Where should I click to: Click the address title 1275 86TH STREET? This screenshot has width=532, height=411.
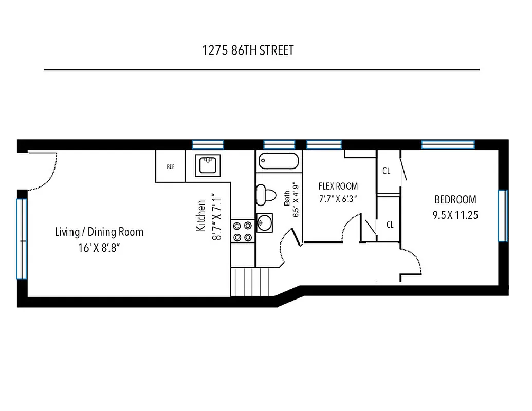pos(248,50)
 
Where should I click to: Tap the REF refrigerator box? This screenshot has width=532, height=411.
pos(170,166)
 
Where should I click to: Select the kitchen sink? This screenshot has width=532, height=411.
pos(208,165)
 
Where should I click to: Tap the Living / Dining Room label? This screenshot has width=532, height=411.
pos(99,232)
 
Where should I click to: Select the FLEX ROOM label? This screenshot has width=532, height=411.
pos(338,186)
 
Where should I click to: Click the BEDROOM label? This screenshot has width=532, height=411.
pos(455,199)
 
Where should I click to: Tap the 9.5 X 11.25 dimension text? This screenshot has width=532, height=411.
pos(455,215)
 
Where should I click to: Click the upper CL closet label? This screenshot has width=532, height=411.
pos(386,171)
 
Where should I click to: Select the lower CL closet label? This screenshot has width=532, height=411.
pos(390,225)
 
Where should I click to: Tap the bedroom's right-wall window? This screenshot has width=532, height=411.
pos(502,215)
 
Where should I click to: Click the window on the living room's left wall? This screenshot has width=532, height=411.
pos(21,239)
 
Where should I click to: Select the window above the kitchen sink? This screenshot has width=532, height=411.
pos(208,144)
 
